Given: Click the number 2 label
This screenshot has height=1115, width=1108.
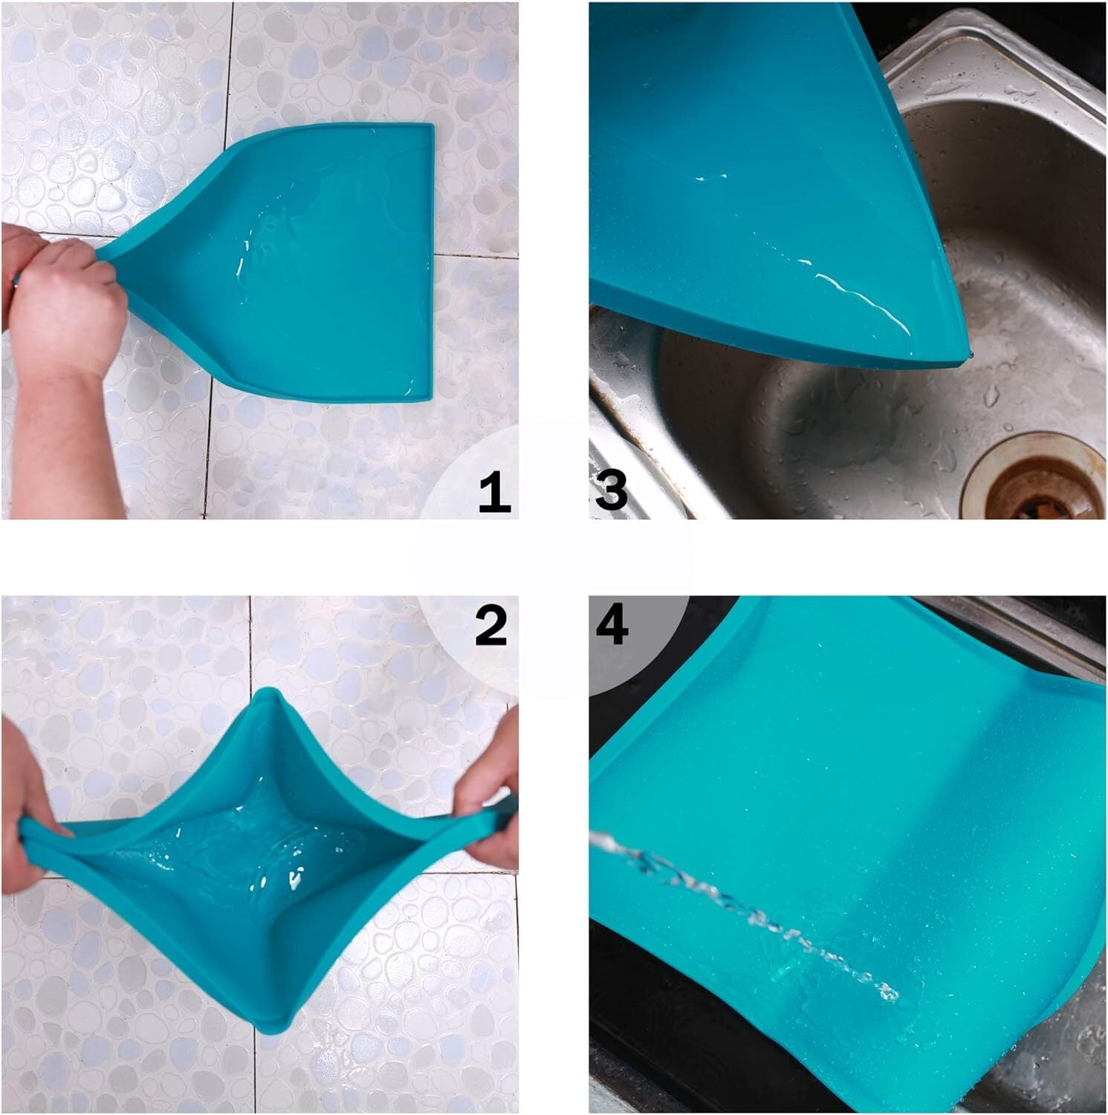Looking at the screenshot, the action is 490,625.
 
